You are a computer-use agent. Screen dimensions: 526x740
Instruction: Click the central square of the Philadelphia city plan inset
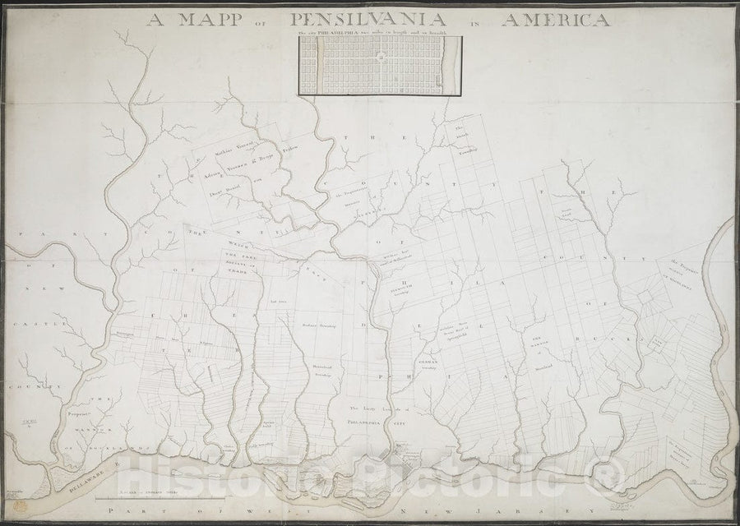(381, 57)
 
